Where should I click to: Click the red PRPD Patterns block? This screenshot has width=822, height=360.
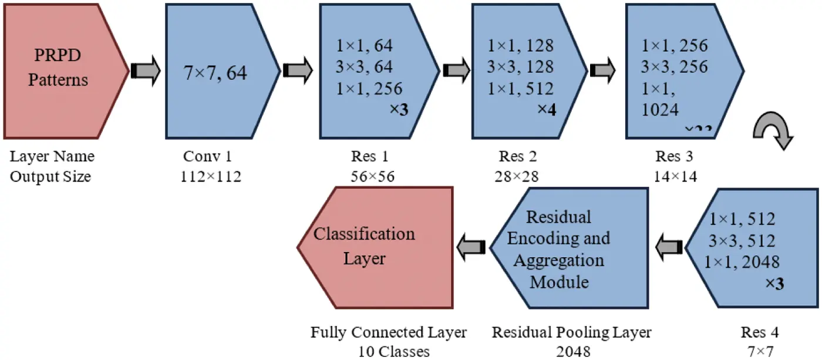click(59, 69)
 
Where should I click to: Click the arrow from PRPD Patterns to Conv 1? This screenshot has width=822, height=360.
click(145, 70)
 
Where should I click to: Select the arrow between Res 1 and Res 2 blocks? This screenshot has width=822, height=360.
click(456, 70)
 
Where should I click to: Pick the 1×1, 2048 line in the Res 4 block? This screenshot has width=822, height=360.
click(744, 262)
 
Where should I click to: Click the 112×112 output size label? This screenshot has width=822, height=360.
click(211, 176)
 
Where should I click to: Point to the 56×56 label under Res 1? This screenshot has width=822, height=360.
click(370, 176)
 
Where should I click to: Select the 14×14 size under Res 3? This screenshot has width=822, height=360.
click(675, 176)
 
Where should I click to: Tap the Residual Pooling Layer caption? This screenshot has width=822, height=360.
click(571, 333)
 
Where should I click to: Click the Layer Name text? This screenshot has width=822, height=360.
click(52, 157)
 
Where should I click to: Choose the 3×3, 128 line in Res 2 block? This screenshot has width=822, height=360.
click(520, 66)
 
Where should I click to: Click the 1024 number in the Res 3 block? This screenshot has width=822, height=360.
click(661, 110)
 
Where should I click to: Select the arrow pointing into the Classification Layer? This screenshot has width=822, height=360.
click(471, 246)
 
